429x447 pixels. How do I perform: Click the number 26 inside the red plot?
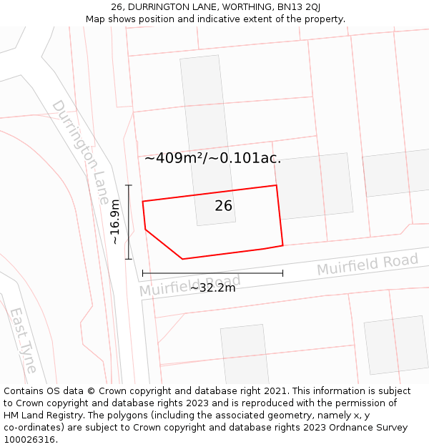224,206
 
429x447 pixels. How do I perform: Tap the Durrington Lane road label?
80,152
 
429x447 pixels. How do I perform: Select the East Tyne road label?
23,340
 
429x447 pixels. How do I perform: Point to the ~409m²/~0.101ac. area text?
212,159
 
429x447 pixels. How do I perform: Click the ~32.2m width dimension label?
212,288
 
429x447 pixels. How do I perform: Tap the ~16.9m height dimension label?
115,222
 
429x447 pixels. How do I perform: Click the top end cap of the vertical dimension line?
129,186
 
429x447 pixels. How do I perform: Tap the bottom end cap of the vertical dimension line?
129,259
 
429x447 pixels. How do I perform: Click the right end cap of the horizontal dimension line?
282,272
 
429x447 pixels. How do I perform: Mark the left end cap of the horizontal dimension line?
143,272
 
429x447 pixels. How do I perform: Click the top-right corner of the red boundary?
277,186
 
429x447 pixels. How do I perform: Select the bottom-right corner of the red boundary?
282,245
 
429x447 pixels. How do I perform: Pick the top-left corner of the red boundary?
143,202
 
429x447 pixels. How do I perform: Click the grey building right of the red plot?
315,186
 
